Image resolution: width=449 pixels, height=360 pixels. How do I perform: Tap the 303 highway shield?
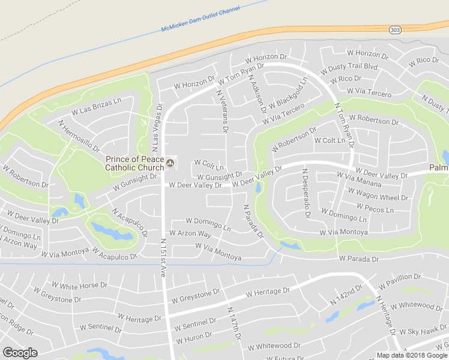click(394, 29)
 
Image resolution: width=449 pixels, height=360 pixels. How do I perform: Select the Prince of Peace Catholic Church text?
click(134, 163)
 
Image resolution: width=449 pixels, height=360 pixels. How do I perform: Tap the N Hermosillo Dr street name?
click(79, 136)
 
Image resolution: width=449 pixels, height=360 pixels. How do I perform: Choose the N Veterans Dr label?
click(221, 110)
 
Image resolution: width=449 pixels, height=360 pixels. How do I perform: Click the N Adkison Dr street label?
click(257, 95)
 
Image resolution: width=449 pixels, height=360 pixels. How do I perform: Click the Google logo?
click(20, 353)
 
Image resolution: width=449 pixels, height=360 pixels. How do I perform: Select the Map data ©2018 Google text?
click(411, 355)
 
